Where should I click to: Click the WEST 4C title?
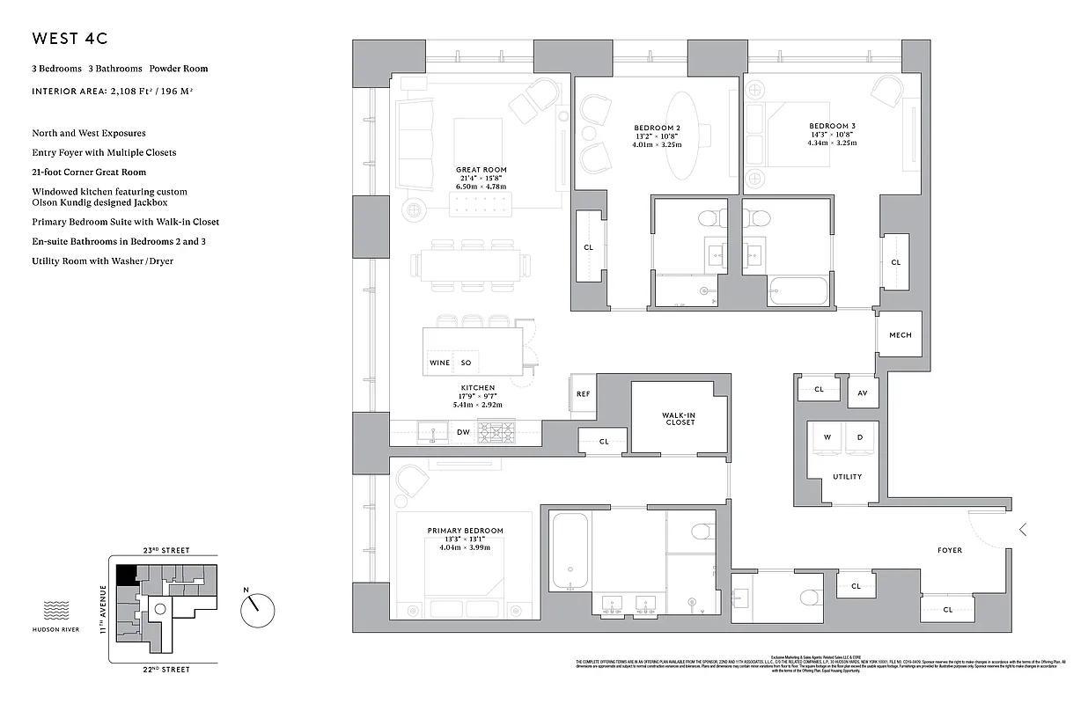pos(70,39)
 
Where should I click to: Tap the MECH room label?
pos(900,335)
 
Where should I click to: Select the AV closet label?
pos(863,392)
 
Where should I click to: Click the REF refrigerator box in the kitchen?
pos(583,394)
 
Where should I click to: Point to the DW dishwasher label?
pos(463,432)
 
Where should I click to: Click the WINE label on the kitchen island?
pos(439,363)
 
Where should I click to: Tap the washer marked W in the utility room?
pos(827,437)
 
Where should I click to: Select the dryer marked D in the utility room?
pos(860,437)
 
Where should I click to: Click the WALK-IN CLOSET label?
pos(679,419)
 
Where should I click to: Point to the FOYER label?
pos(949,551)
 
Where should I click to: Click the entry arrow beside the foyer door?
pos(1022,530)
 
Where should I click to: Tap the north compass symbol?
pos(257,606)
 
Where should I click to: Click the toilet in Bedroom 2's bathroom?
pos(709,219)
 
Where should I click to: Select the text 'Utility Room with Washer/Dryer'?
pos(102,261)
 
